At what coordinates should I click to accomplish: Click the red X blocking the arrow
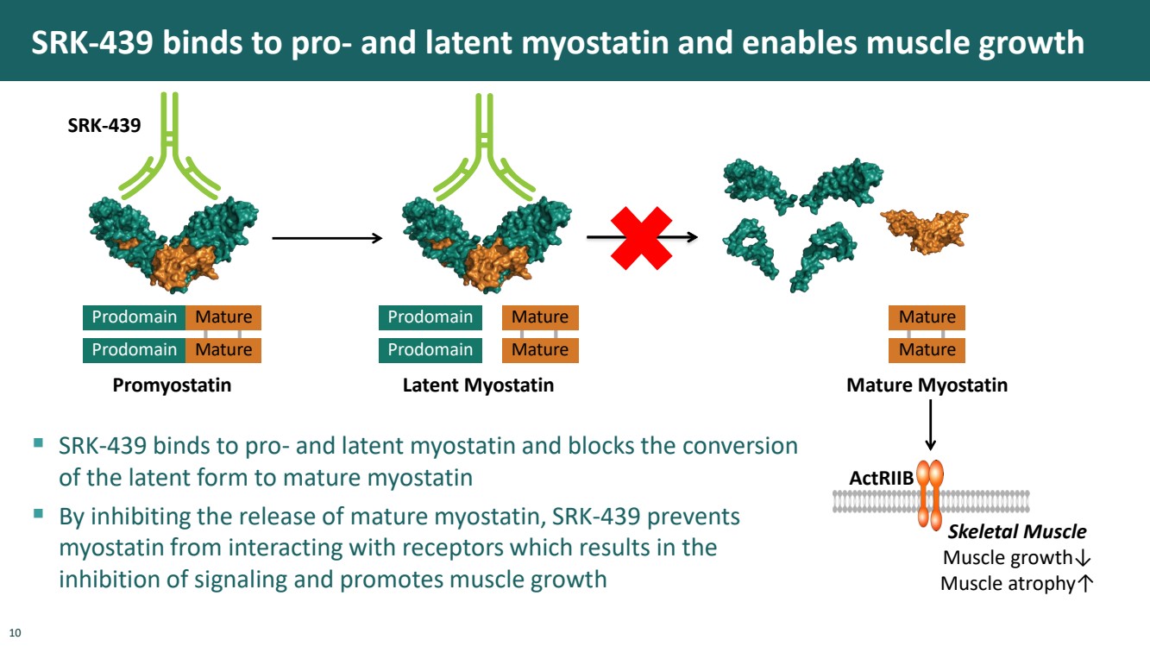pos(641,236)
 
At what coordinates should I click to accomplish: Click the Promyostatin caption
pos(172,386)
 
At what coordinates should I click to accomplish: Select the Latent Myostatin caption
pos(478,386)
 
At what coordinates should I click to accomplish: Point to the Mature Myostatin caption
pos(927,386)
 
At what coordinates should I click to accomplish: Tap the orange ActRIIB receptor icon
pos(930,495)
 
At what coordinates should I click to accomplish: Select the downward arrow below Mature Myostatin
pos(930,426)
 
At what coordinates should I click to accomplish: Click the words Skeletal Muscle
pos(1016,532)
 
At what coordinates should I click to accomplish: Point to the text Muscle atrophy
pos(1006,584)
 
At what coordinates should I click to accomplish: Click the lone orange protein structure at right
pos(924,229)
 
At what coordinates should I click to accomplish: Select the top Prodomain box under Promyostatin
pos(134,317)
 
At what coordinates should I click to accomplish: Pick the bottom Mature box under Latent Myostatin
pos(540,350)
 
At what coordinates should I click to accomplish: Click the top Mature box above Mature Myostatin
pos(927,317)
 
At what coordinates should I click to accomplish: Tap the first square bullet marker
pos(38,443)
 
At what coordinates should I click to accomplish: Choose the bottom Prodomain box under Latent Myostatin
pos(430,350)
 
